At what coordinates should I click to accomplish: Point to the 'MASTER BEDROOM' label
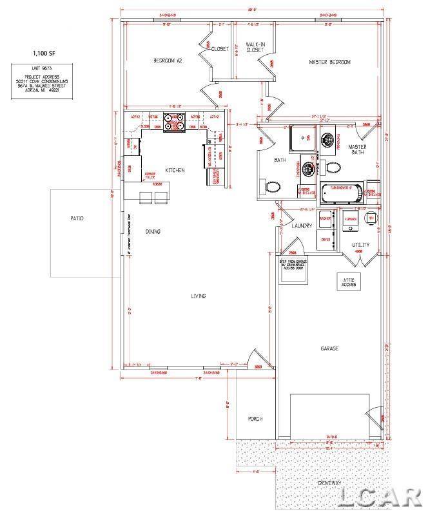329,62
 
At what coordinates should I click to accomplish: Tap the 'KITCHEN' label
175,170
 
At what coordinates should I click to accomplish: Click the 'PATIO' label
77,218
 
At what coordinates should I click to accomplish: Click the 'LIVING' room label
197,296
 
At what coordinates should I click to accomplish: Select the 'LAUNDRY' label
302,225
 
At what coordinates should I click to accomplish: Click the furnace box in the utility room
351,219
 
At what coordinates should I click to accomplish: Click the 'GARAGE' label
329,349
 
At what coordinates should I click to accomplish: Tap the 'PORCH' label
255,419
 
